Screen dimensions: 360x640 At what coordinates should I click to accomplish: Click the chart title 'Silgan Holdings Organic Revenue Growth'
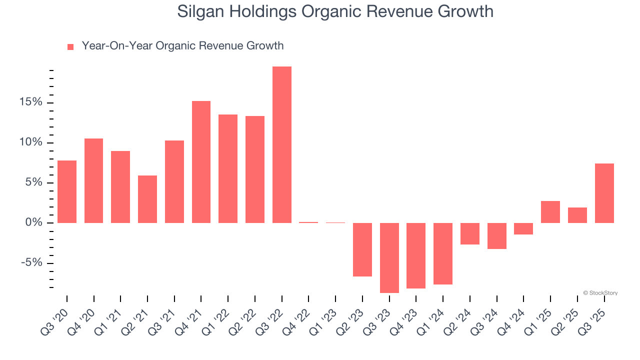pyautogui.click(x=335, y=11)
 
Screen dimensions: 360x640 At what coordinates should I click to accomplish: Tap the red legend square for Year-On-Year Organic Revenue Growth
pyautogui.click(x=70, y=46)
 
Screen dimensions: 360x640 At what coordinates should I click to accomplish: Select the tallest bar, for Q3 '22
pyautogui.click(x=282, y=144)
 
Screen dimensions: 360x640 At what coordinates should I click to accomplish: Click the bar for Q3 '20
pyautogui.click(x=67, y=191)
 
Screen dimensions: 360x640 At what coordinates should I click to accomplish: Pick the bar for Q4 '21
pyautogui.click(x=201, y=162)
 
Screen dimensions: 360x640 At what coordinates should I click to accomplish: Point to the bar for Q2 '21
pyautogui.click(x=147, y=199)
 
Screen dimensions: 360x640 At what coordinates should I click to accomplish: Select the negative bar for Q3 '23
pyautogui.click(x=389, y=257)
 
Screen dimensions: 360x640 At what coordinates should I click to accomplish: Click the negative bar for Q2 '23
pyautogui.click(x=362, y=249)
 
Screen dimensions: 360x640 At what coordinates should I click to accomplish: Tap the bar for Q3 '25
pyautogui.click(x=604, y=193)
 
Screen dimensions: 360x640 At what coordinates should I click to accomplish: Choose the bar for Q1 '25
pyautogui.click(x=550, y=212)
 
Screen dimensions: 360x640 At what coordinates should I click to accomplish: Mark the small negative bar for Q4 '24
pyautogui.click(x=523, y=228)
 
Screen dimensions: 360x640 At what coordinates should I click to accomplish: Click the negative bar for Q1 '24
pyautogui.click(x=443, y=253)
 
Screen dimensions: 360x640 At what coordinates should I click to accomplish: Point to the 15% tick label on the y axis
pyautogui.click(x=31, y=102)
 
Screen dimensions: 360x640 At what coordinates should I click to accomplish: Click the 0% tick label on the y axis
pyautogui.click(x=34, y=222)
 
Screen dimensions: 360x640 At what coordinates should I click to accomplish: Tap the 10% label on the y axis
pyautogui.click(x=31, y=142)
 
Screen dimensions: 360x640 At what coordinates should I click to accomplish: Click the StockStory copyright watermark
pyautogui.click(x=600, y=293)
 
